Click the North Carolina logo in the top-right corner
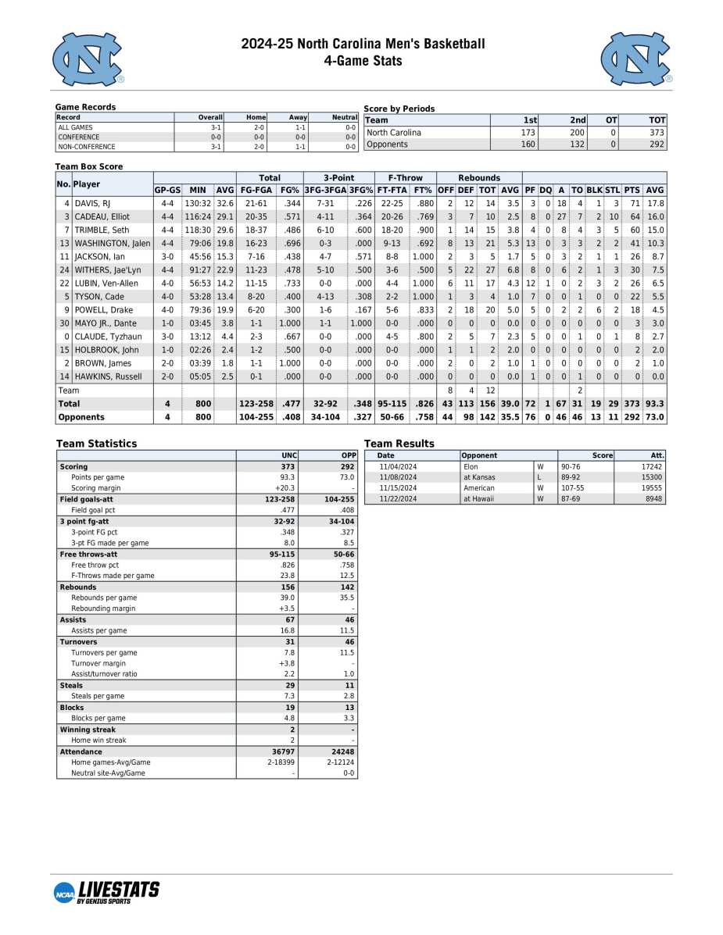[x=636, y=59]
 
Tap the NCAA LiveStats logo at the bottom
[x=106, y=891]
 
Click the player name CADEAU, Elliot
[x=102, y=216]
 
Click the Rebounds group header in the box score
[x=478, y=177]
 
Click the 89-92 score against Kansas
[x=572, y=477]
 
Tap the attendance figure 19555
[x=651, y=487]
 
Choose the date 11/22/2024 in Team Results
[x=398, y=498]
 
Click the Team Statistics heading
[x=96, y=444]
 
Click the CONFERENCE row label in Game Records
[x=78, y=137]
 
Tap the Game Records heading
[x=85, y=107]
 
